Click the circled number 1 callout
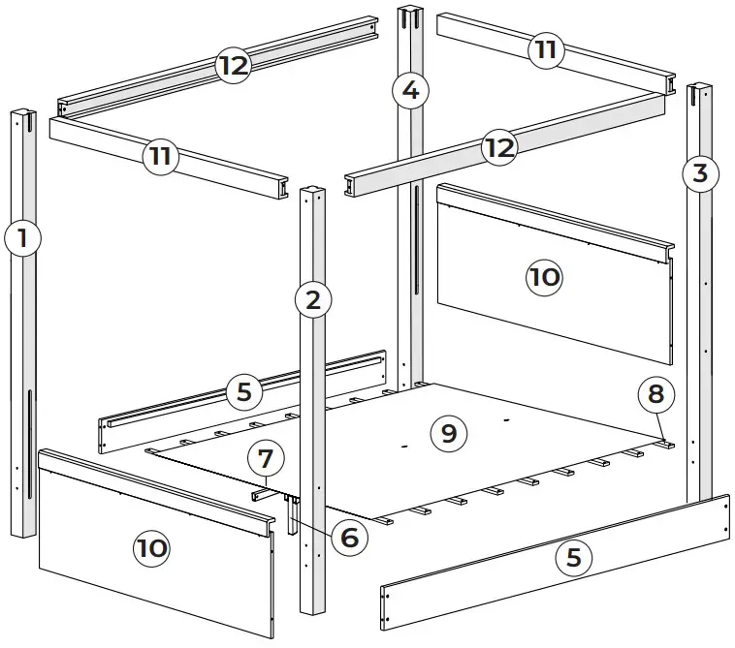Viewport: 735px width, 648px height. coord(22,238)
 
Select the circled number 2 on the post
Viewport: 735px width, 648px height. coord(312,299)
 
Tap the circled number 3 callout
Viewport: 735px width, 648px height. coord(700,173)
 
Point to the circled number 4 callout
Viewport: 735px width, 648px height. coord(410,91)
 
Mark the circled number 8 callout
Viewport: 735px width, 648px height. coord(656,394)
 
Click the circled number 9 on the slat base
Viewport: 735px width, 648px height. coord(448,432)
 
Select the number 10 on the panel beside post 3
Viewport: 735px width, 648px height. coord(544,278)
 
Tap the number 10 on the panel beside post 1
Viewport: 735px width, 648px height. coord(151,548)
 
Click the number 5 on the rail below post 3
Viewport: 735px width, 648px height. coord(573,557)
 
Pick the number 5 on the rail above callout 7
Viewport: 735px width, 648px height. coord(244,392)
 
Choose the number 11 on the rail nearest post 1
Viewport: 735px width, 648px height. coord(162,157)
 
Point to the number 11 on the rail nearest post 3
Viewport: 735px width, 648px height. coord(546,49)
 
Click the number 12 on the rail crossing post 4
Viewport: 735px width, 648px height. coord(497,148)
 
